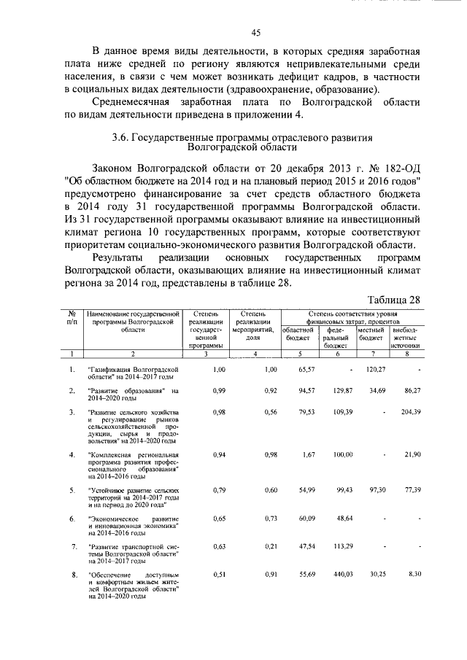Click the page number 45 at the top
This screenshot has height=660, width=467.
coord(256,32)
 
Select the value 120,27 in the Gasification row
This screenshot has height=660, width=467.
coord(375,370)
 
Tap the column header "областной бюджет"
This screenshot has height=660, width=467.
coord(297,334)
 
